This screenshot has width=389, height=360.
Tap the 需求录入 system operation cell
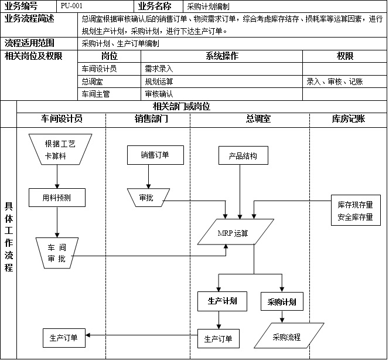coord(158,69)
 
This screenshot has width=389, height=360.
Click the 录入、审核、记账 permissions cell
coord(335,81)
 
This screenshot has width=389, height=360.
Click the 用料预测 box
coord(57,198)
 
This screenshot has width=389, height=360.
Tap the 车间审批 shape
coord(57,253)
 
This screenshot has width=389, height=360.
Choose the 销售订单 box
coord(155,155)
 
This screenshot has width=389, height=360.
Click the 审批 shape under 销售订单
coord(147,198)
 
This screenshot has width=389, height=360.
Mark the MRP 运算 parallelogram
coord(234,233)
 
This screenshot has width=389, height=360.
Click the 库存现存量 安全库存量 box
coord(355,211)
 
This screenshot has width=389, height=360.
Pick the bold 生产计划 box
coord(221,301)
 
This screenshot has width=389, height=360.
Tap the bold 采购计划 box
coord(281,303)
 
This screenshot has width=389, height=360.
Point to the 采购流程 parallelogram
coord(287,337)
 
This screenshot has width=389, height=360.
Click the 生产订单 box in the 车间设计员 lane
coord(64,338)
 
